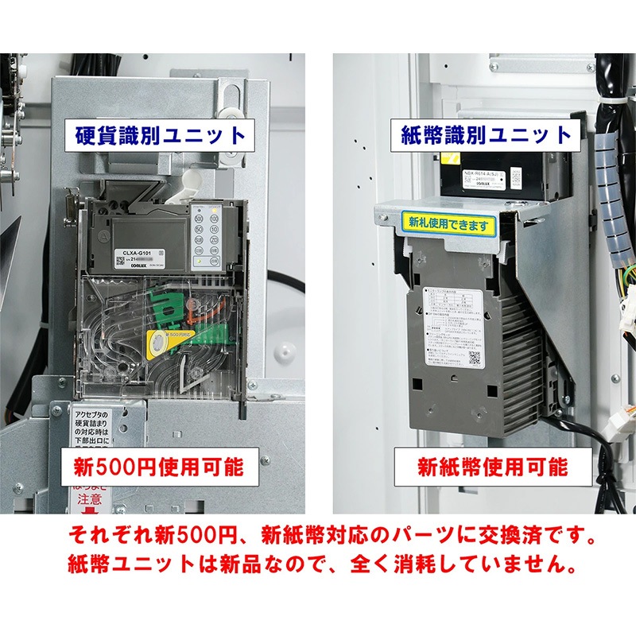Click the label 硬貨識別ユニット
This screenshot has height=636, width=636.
click(161, 134)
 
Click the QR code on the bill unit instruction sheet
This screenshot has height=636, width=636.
click(472, 355)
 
